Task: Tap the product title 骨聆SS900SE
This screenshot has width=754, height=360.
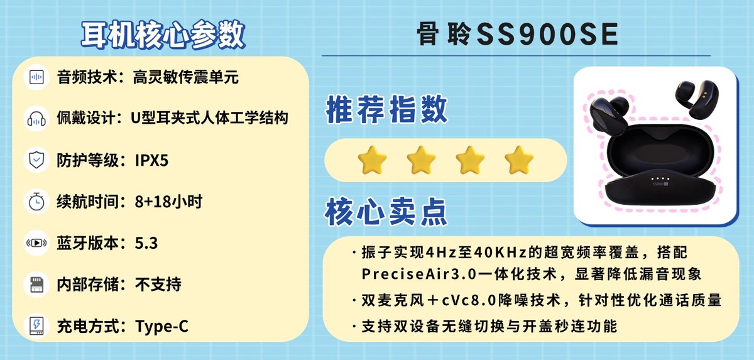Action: pos(516,35)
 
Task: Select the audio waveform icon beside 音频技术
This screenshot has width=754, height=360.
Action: pos(36,78)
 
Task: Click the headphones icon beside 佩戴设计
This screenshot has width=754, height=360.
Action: pos(36,118)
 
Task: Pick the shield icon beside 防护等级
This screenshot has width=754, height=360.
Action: pos(36,160)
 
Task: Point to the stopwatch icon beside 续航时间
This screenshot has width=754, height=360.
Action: pos(36,202)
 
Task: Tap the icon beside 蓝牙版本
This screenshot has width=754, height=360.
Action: pos(36,243)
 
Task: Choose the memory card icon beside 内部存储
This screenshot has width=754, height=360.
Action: pos(36,285)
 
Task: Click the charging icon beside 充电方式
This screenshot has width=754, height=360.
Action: pos(36,326)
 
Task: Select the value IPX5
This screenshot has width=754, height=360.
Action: pos(151,161)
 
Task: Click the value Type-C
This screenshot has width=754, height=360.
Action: pos(161,327)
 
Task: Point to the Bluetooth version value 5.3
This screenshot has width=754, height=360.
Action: pos(146,244)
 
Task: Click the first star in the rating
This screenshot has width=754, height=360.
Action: pos(371,160)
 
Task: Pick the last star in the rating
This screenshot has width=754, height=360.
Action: pos(519,160)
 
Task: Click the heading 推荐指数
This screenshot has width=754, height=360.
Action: pos(386,111)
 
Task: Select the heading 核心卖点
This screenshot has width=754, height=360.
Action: pos(386,212)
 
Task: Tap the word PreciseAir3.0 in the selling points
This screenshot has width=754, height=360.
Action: pos(408,275)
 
